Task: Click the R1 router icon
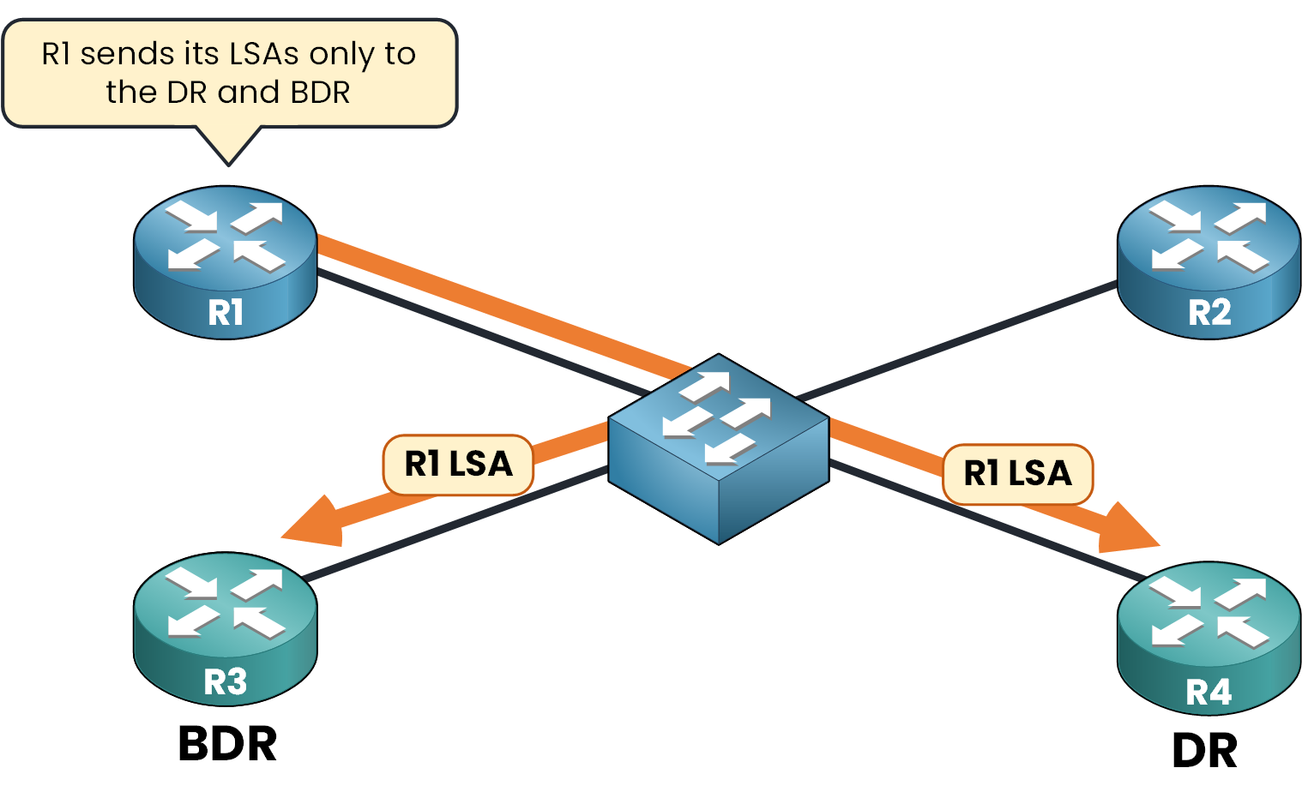pyautogui.click(x=226, y=261)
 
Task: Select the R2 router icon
pyautogui.click(x=1209, y=261)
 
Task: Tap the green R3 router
pyautogui.click(x=226, y=628)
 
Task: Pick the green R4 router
pyautogui.click(x=1209, y=638)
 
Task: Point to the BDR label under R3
pyautogui.click(x=227, y=744)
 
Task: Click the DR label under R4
pyautogui.click(x=1204, y=752)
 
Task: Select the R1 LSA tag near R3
pyautogui.click(x=458, y=465)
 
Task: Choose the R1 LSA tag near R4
pyautogui.click(x=1017, y=474)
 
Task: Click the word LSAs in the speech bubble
pyautogui.click(x=265, y=54)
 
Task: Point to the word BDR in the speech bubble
pyautogui.click(x=320, y=93)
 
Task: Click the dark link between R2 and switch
pyautogui.click(x=956, y=340)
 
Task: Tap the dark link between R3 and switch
pyautogui.click(x=455, y=524)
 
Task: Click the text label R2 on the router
pyautogui.click(x=1209, y=313)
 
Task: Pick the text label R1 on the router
pyautogui.click(x=226, y=313)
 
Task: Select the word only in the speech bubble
pyautogui.click(x=342, y=54)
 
